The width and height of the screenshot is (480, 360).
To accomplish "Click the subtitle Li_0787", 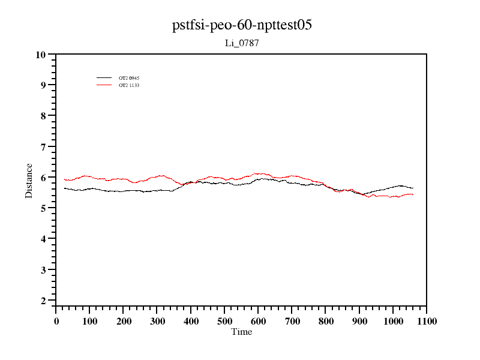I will point(242,43).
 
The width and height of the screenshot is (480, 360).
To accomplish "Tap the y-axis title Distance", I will point(29,181).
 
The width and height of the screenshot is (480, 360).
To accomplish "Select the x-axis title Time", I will point(242,332).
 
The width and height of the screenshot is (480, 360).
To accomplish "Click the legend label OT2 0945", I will point(129,78).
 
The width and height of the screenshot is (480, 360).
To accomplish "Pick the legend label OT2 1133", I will point(129,85).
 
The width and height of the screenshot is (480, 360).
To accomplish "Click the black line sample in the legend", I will point(104,78).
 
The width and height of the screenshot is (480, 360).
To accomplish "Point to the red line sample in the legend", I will point(104,85).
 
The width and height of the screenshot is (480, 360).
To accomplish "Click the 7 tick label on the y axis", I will point(43,147).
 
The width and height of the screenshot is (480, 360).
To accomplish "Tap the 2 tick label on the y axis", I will point(43,301).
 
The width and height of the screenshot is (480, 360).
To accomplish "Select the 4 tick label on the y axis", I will point(43,239).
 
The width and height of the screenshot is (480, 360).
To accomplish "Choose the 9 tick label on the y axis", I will point(43,85).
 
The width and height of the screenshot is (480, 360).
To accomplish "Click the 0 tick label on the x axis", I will point(56,321).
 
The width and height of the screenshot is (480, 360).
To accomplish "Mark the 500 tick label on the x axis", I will point(224,321).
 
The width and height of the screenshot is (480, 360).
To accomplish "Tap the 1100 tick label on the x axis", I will point(426,321).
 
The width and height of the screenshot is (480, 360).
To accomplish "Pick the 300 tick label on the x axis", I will point(157,321).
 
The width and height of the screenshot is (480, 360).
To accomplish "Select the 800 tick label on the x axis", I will point(325,321).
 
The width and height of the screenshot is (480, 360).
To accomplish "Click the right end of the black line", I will point(413,188).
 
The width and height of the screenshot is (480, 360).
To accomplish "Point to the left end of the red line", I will point(64,179).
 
